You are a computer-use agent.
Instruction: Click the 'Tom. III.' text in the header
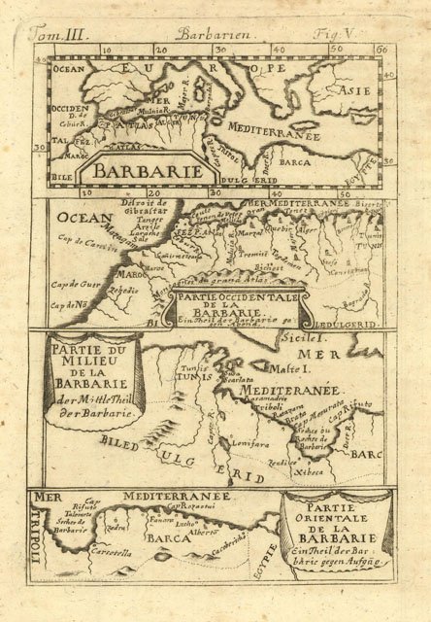tap(60, 34)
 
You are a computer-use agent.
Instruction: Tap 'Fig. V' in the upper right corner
tap(369, 33)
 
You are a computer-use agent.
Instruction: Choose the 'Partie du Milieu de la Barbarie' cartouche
tap(81, 375)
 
